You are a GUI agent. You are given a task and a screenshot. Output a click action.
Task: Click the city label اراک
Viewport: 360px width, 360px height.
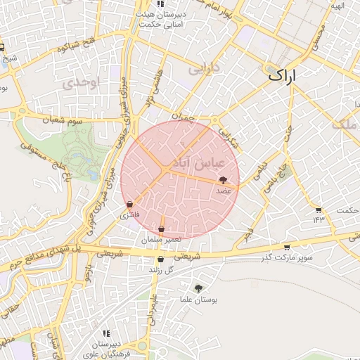(282, 75)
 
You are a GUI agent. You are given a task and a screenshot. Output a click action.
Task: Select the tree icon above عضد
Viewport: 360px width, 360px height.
(224, 180)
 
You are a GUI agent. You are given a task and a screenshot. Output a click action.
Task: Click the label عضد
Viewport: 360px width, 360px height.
(224, 191)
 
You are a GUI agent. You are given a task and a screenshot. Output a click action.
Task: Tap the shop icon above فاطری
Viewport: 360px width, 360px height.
(129, 205)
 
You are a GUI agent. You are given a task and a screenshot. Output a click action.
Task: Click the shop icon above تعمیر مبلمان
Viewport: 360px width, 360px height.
(162, 229)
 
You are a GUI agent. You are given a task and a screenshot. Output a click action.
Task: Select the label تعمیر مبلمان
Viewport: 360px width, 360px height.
(161, 240)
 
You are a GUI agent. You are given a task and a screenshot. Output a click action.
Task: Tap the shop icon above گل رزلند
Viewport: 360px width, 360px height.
(160, 259)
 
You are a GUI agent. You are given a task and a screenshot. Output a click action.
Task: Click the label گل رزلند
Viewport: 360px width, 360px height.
(160, 270)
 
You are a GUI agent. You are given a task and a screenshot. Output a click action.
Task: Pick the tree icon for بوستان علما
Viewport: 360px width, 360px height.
(199, 288)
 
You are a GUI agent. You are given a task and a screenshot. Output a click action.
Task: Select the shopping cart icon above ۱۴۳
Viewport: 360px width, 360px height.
(319, 210)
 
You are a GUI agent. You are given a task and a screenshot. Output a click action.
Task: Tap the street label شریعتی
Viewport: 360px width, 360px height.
(187, 256)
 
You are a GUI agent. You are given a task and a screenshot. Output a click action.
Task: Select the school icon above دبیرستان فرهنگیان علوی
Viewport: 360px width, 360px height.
(106, 333)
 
